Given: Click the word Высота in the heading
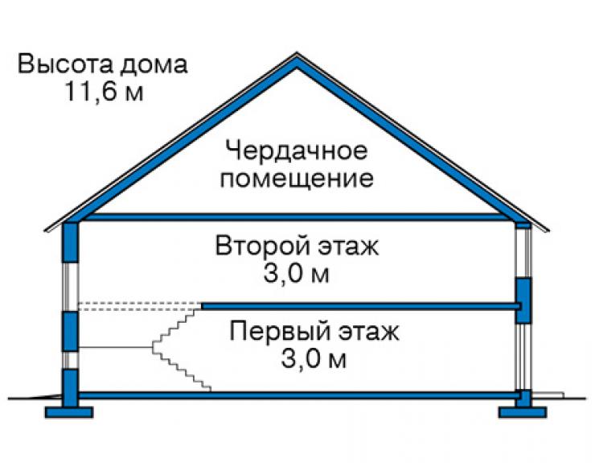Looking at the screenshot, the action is click(x=65, y=64).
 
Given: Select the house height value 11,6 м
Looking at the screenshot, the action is click(x=105, y=92).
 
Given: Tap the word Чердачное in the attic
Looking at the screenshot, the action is click(x=297, y=151).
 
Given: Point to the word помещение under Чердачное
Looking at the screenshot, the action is click(x=297, y=178).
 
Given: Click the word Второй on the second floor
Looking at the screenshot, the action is click(x=262, y=246).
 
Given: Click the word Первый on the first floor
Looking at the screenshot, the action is click(x=279, y=332).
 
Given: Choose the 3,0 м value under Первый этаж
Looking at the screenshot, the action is click(x=314, y=359).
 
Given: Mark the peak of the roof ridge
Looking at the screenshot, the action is click(x=297, y=53).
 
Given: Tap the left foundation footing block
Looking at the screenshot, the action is click(x=69, y=412).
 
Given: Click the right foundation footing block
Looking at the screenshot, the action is click(x=523, y=412).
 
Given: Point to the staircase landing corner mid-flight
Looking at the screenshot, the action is click(x=153, y=347).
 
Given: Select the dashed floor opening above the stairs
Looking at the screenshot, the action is click(x=139, y=307).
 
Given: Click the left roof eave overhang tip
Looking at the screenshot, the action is click(x=46, y=229).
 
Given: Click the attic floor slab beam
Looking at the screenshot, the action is click(x=296, y=217).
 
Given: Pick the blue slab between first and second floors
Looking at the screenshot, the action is click(x=360, y=307).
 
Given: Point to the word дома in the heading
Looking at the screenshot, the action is click(x=154, y=65).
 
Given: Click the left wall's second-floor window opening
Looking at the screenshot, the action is click(x=70, y=287).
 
